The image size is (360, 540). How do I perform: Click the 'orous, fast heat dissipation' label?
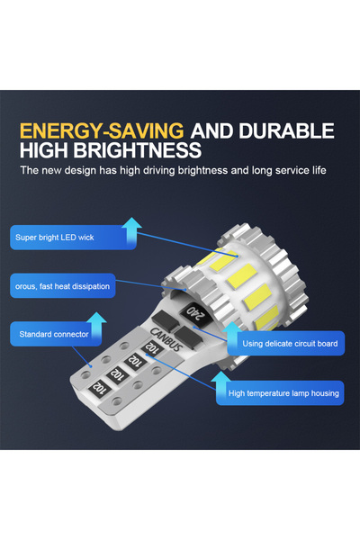63,287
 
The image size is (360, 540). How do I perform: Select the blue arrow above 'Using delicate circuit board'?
234,328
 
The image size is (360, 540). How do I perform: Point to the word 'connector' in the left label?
69,335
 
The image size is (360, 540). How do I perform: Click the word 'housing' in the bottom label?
319,393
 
